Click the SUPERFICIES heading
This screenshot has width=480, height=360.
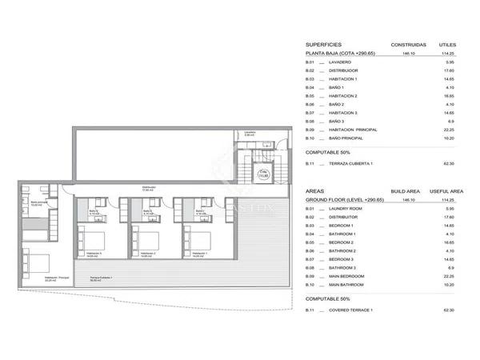coord(324,44)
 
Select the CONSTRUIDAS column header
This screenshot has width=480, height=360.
coord(407,44)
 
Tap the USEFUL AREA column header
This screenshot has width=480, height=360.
coord(446,192)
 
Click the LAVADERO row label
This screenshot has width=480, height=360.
coord(340,62)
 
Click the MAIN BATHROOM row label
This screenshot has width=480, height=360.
coord(348,285)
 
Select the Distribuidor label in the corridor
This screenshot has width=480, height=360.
coord(147,190)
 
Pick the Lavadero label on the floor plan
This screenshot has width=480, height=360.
coord(250,134)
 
